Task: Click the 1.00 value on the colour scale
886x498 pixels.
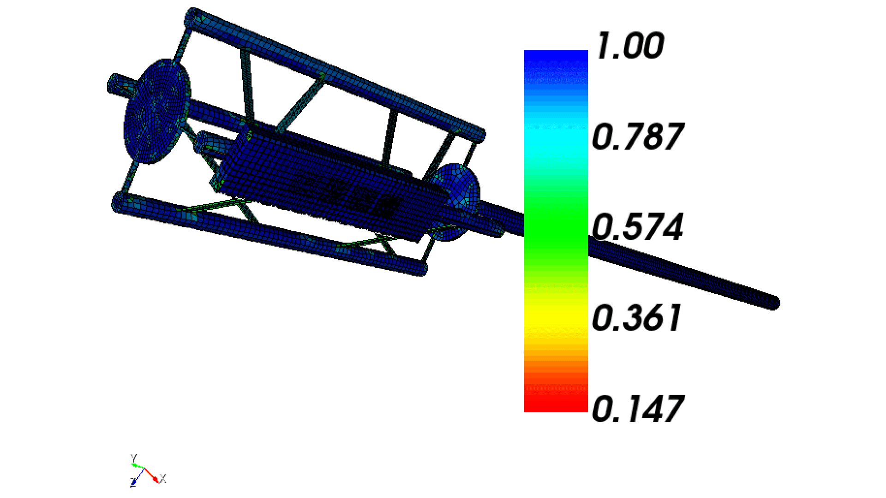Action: click(x=630, y=46)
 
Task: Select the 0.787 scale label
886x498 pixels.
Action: click(x=638, y=137)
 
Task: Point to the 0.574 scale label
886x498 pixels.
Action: click(x=638, y=227)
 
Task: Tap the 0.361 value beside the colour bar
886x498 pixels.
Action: click(x=637, y=318)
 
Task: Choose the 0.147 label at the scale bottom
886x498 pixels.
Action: click(x=638, y=409)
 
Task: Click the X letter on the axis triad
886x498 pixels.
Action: click(x=163, y=479)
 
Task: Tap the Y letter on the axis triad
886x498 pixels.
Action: click(x=134, y=458)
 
